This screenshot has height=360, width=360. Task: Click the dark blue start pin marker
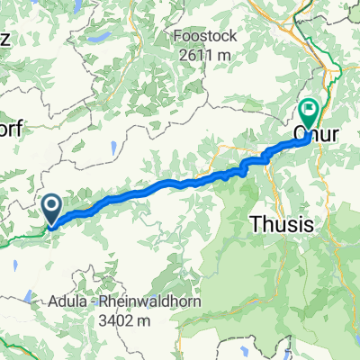(52, 210)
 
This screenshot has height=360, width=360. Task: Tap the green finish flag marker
(310, 112)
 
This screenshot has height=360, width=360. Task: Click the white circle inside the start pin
(52, 207)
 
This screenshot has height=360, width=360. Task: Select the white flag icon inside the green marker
(310, 110)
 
